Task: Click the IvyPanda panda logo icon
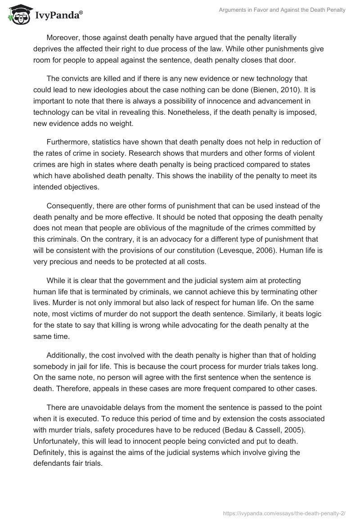pyautogui.click(x=18, y=14)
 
